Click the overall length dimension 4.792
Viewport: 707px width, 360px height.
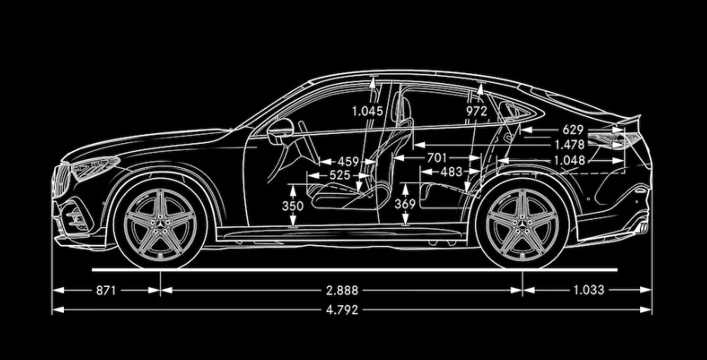tap(342, 310)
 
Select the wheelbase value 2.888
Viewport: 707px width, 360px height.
tap(342, 290)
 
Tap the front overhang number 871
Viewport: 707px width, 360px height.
tap(106, 290)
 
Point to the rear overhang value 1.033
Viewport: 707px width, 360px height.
tap(588, 290)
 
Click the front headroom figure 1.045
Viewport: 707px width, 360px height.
tap(368, 111)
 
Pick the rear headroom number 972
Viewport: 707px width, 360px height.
tap(476, 111)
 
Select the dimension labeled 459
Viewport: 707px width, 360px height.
tap(348, 161)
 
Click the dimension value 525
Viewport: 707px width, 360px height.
tap(339, 175)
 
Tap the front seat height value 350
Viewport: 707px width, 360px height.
tap(293, 205)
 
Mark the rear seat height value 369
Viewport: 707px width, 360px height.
tap(405, 204)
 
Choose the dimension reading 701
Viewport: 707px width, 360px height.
tap(436, 158)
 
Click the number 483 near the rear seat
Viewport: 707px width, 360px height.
tap(451, 171)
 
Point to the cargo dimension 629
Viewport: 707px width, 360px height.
tap(572, 130)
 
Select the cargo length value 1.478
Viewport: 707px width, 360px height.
tap(569, 145)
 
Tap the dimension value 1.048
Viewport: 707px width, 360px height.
tap(569, 160)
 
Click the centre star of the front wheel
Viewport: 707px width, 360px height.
tap(160, 225)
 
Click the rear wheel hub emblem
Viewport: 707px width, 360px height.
tap(523, 225)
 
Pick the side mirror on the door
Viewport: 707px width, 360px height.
tap(280, 131)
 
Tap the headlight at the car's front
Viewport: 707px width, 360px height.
tap(95, 167)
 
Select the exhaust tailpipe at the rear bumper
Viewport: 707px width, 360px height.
tap(642, 228)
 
